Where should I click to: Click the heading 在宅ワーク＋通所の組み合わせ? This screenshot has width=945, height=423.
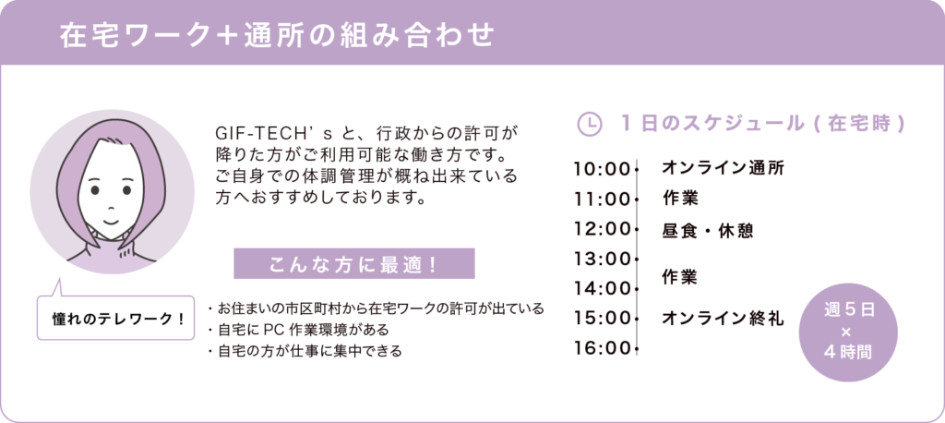coord(276,36)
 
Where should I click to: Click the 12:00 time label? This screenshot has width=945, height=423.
coord(602,229)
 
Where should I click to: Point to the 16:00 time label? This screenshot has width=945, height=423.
coord(602,349)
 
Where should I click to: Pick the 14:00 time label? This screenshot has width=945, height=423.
coord(602,288)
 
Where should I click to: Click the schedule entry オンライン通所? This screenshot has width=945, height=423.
coord(724,168)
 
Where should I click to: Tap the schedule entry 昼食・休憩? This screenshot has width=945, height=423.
coord(708,231)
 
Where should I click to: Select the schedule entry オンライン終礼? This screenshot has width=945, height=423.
coord(724,318)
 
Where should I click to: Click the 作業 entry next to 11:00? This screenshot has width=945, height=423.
coord(680,198)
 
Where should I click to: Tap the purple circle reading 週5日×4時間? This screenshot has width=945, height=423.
coord(848,332)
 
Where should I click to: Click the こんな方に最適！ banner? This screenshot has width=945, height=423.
coord(353,264)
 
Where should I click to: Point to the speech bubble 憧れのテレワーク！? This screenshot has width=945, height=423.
coord(115,318)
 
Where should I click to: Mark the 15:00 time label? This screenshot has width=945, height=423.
coord(602,318)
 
